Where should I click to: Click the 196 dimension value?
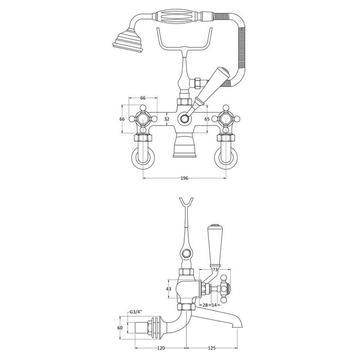click(185, 178)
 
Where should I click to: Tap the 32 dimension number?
click(166, 119)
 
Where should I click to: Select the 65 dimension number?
click(207, 119)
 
